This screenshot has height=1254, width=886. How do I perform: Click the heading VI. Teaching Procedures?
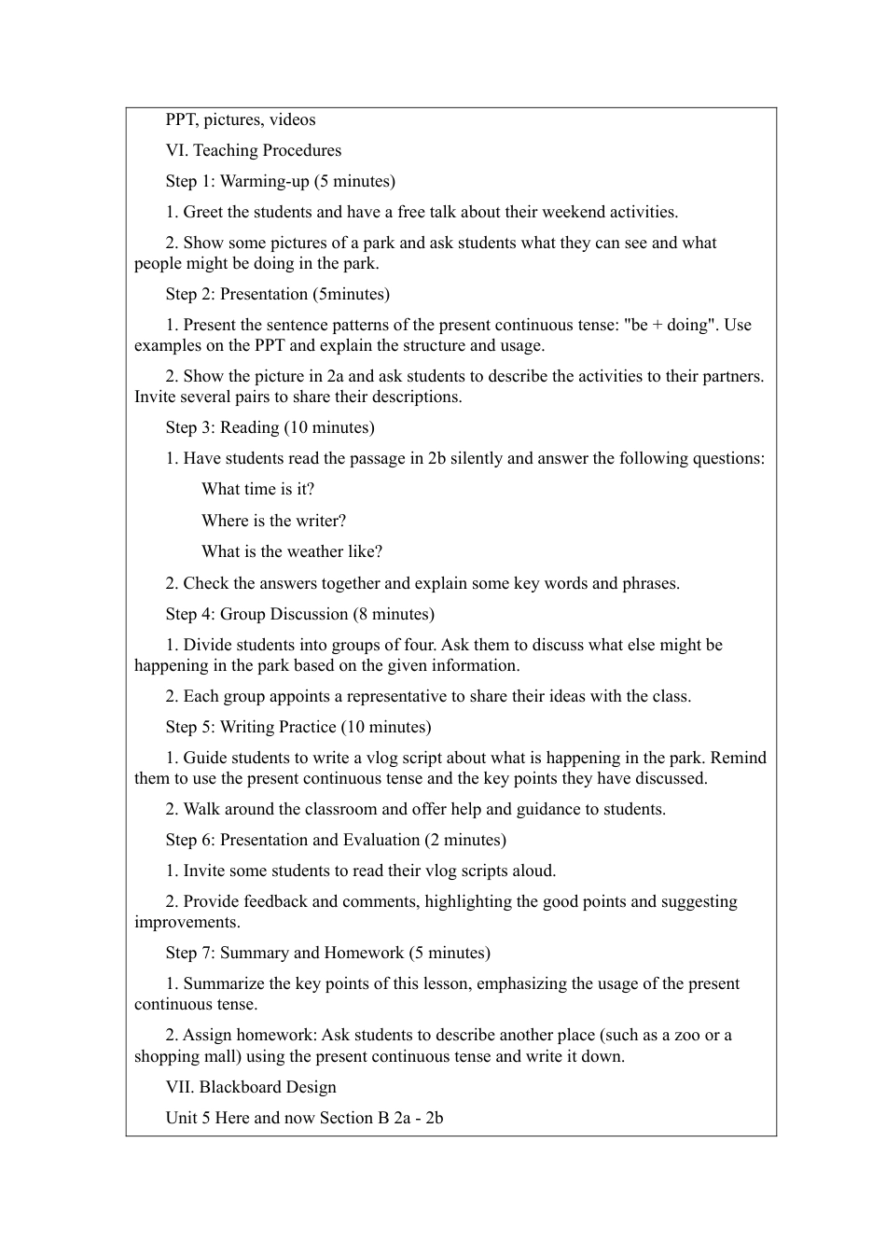(x=253, y=150)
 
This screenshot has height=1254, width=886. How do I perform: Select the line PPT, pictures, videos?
(x=241, y=119)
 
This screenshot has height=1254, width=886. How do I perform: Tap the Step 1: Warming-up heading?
(x=280, y=181)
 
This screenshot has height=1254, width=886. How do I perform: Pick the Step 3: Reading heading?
(x=270, y=427)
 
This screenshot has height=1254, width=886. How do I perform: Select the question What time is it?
(x=257, y=489)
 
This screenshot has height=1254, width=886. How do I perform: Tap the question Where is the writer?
(x=273, y=521)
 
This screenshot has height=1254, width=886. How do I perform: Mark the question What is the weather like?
(x=292, y=551)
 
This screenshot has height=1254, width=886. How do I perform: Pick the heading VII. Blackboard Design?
(x=250, y=1087)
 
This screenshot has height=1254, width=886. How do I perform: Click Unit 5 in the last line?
(x=188, y=1118)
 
